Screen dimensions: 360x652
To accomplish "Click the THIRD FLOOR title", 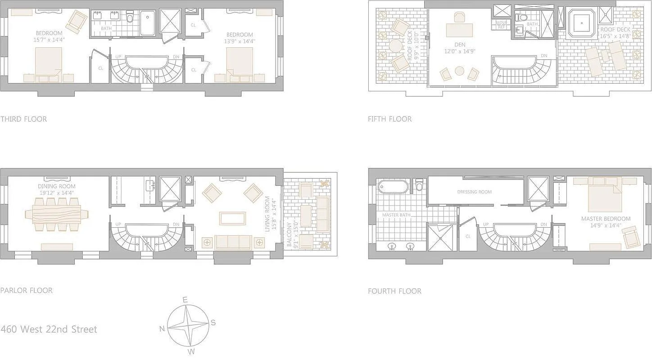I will (x=23, y=119).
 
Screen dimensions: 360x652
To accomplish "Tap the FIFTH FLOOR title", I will (x=389, y=119).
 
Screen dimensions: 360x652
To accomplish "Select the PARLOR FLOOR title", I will (x=27, y=290).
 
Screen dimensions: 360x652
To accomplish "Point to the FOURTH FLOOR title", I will (x=394, y=291).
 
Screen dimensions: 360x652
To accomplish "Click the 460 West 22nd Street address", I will (x=49, y=329).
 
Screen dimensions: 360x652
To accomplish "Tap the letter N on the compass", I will (x=162, y=328).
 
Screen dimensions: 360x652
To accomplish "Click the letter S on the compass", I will (x=213, y=322).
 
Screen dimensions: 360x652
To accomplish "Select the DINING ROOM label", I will (x=57, y=186).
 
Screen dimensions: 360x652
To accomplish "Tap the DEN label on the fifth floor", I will (x=460, y=45).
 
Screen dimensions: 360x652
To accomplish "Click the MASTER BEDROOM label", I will (x=606, y=219).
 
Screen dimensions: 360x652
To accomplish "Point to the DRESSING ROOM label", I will (x=474, y=192).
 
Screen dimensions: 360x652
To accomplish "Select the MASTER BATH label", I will (x=396, y=215).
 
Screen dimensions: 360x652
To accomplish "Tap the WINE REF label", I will (x=501, y=24).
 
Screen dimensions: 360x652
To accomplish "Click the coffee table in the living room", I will (x=232, y=218).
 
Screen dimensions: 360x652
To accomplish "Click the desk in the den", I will (x=460, y=30).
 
